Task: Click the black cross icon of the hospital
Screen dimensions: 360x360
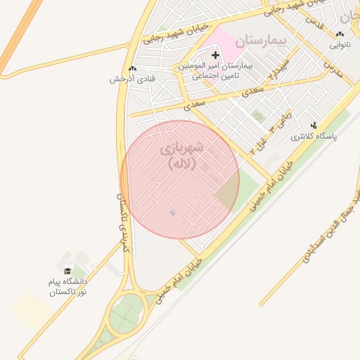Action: [215, 55]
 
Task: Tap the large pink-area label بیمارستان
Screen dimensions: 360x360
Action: [262, 40]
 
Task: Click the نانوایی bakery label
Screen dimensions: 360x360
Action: [341, 45]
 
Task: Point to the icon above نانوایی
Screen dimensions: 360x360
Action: [341, 34]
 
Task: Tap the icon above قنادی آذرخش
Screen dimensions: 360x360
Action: [132, 69]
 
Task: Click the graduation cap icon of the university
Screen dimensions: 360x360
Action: [67, 271]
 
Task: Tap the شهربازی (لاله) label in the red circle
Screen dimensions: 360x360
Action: [181, 156]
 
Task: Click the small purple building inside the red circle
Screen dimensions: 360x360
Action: [173, 212]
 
